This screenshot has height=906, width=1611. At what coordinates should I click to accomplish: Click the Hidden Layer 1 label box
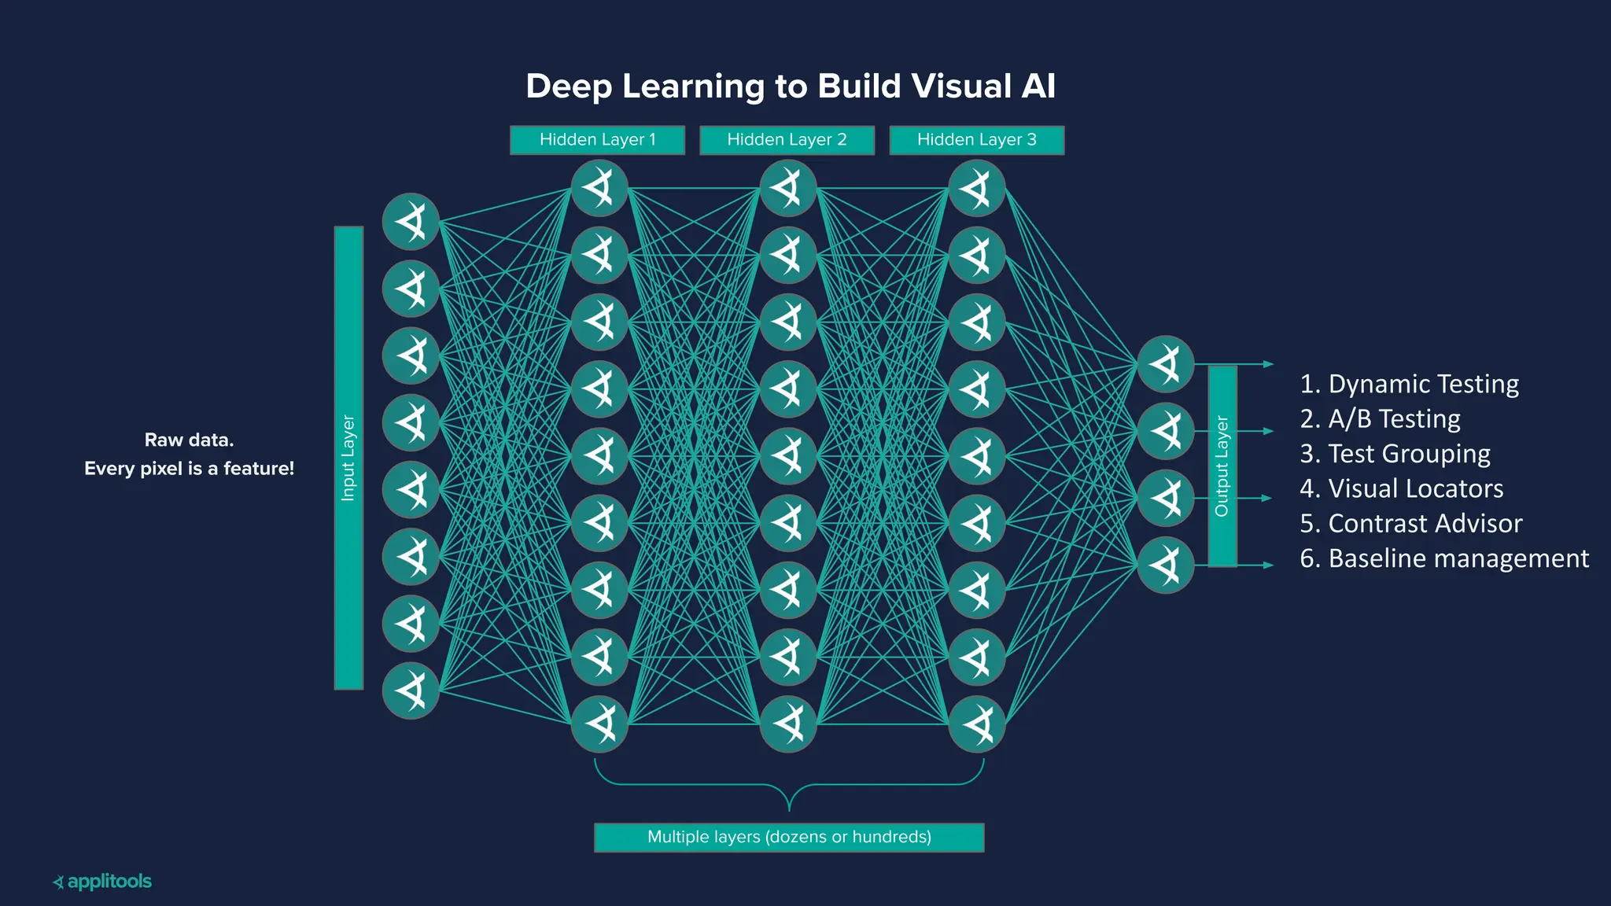[x=597, y=140]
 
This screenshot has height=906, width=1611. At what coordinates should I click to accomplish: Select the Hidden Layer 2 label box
[x=787, y=140]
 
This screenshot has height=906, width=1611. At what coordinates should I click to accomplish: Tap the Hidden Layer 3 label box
[x=976, y=140]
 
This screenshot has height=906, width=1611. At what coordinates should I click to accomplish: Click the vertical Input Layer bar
[x=348, y=458]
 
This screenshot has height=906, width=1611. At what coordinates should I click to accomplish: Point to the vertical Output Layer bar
[x=1222, y=466]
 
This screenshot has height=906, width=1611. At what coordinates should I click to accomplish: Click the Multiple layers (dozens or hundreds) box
[x=789, y=837]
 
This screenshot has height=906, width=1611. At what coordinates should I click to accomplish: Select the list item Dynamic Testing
[x=1409, y=384]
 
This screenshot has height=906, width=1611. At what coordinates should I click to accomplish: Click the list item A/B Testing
[x=1380, y=418]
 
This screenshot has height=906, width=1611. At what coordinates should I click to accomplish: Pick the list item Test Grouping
[x=1395, y=454]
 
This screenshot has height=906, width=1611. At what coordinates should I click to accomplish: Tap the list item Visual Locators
[x=1401, y=488]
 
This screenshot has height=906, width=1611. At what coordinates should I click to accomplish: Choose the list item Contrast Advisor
[x=1410, y=523]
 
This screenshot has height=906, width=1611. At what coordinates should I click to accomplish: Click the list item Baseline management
[x=1443, y=558]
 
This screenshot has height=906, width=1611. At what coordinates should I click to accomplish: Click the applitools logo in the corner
[x=102, y=882]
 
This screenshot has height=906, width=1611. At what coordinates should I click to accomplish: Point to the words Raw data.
[x=189, y=440]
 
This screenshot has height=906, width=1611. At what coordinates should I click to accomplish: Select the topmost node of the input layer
[x=411, y=222]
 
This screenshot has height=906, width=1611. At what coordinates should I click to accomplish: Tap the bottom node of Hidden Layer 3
[x=977, y=724]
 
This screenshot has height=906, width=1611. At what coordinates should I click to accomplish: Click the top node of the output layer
[x=1166, y=364]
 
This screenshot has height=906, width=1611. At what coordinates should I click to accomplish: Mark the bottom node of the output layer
[x=1166, y=565]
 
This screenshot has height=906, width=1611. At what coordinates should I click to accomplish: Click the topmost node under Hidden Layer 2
[x=788, y=188]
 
